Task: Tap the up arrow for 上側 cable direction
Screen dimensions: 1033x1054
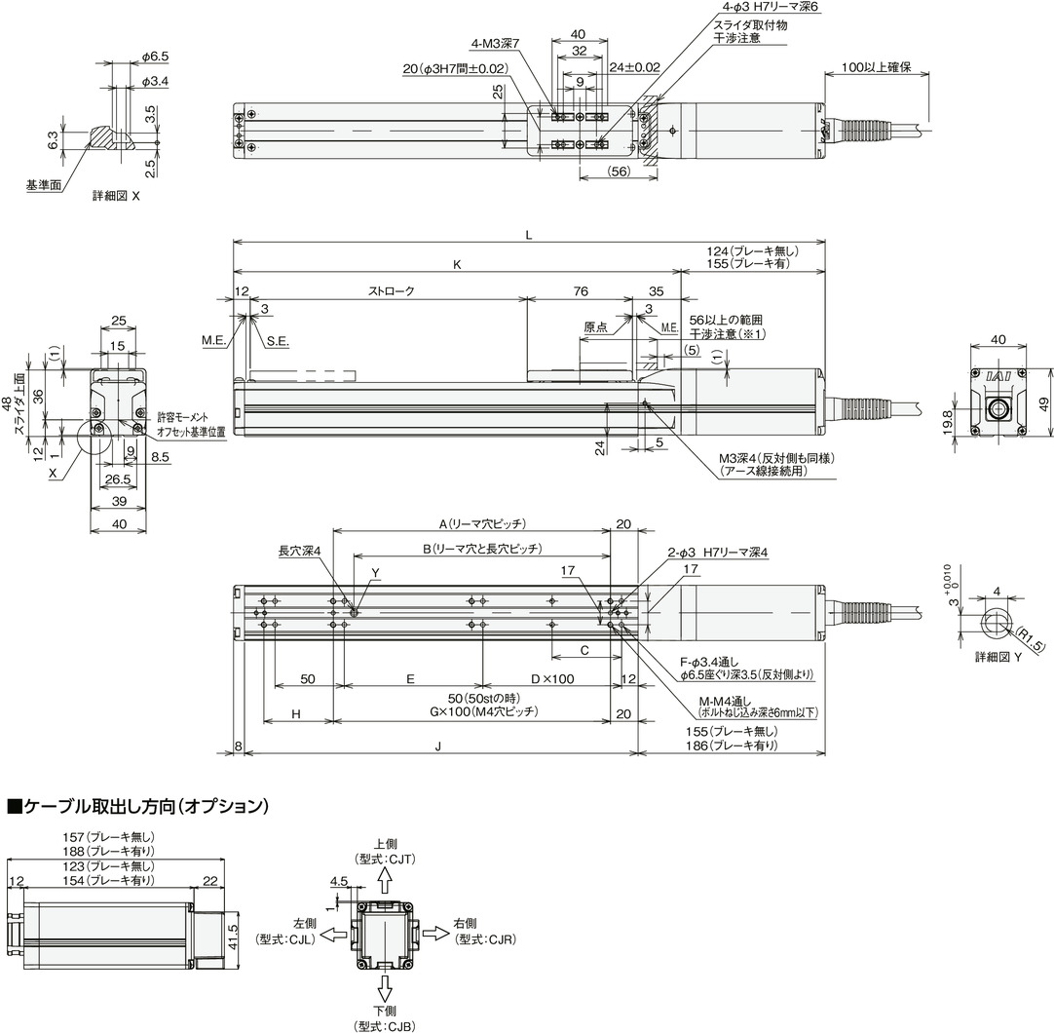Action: [385, 881]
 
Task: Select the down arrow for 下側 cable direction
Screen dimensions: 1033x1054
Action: [385, 987]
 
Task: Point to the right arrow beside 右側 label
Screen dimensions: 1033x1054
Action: [435, 934]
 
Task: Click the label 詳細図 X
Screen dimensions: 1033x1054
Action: [116, 195]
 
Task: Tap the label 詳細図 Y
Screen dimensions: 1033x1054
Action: [998, 658]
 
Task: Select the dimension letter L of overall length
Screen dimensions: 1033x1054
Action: [529, 235]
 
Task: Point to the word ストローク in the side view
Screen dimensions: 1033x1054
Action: [393, 290]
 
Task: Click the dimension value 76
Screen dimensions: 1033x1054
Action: [580, 290]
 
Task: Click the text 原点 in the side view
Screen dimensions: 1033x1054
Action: [596, 327]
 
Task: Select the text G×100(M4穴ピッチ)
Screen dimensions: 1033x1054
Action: [471, 712]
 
